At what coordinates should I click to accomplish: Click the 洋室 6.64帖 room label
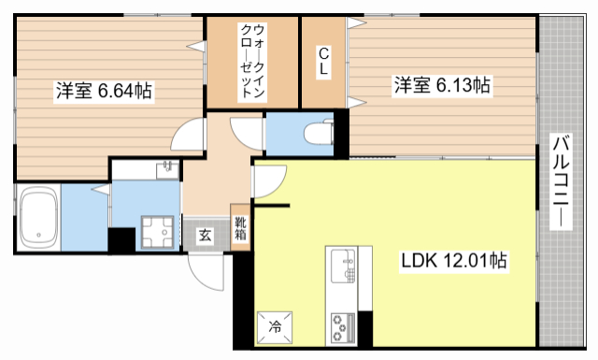tap(104, 91)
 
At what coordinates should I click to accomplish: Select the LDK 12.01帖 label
tap(455, 261)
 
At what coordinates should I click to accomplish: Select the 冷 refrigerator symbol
tap(276, 326)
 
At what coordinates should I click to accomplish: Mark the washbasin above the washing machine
tap(166, 168)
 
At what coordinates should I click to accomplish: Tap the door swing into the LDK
tap(266, 187)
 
